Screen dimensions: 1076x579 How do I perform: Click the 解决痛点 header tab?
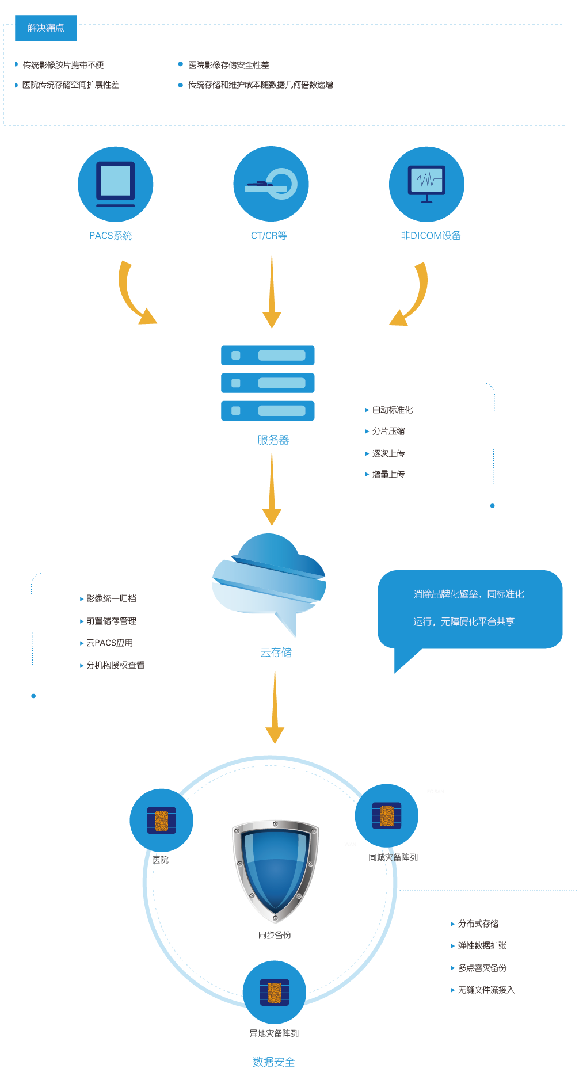[46, 28]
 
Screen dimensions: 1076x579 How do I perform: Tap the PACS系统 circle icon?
[116, 184]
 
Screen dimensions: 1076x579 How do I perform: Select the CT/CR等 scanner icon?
[271, 184]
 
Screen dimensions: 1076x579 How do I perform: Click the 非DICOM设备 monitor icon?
[426, 184]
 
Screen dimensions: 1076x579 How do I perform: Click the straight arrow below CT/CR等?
[272, 293]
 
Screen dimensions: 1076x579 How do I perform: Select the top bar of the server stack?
[268, 355]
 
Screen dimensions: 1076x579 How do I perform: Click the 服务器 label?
[273, 440]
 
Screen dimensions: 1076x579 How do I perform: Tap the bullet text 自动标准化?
[392, 410]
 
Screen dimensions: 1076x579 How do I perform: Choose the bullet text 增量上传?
[388, 474]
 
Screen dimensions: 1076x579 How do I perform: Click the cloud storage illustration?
[269, 581]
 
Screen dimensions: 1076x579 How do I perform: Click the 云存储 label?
[276, 653]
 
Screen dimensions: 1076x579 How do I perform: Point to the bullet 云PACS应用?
[109, 643]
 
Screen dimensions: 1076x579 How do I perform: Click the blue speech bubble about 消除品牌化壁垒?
[470, 609]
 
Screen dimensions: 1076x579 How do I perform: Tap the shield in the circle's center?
[275, 869]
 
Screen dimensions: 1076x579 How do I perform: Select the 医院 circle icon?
[161, 820]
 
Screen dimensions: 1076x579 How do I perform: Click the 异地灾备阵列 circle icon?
[275, 991]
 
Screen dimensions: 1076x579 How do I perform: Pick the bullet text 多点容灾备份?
[482, 968]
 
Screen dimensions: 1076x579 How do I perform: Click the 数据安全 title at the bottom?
[273, 1062]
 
